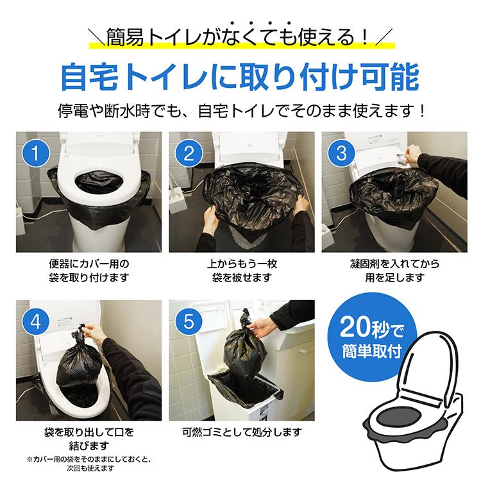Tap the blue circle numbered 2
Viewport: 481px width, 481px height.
tap(188, 155)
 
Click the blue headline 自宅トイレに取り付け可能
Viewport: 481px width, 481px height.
tap(240, 76)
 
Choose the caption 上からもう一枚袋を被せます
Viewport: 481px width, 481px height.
tap(240, 271)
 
